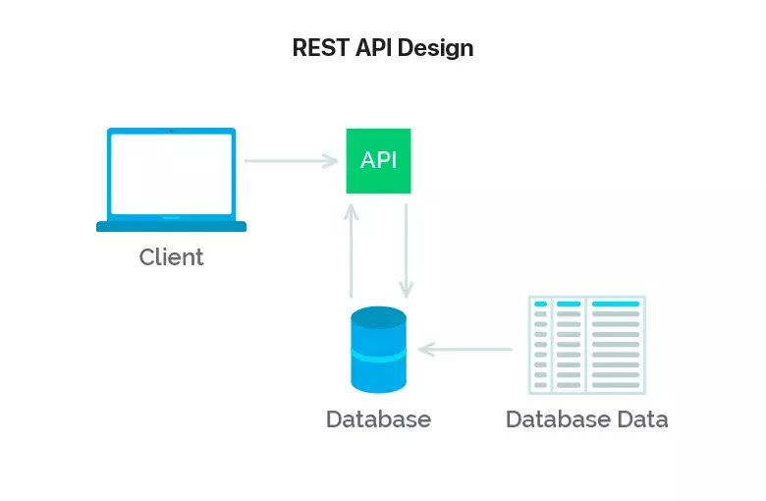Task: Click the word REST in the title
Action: pyautogui.click(x=321, y=48)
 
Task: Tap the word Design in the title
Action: pyautogui.click(x=435, y=49)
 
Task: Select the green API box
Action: pyautogui.click(x=379, y=161)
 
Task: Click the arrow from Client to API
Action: pyautogui.click(x=291, y=161)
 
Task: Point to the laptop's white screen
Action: pyautogui.click(x=172, y=174)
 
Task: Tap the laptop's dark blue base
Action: pyautogui.click(x=172, y=226)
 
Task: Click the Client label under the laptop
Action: pyautogui.click(x=171, y=257)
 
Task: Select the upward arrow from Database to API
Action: pyautogui.click(x=352, y=250)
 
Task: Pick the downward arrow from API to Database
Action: pyautogui.click(x=406, y=250)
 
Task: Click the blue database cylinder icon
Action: pyautogui.click(x=379, y=350)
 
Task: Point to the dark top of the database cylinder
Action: pyautogui.click(x=379, y=317)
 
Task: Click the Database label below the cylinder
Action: pyautogui.click(x=379, y=419)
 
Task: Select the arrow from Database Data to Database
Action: pyautogui.click(x=465, y=350)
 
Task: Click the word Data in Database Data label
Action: pyautogui.click(x=642, y=419)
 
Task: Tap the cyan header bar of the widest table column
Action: pyautogui.click(x=616, y=304)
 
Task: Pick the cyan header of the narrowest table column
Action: pyautogui.click(x=541, y=304)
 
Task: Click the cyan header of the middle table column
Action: pyautogui.click(x=569, y=304)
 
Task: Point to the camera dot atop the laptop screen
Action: pyautogui.click(x=172, y=131)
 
